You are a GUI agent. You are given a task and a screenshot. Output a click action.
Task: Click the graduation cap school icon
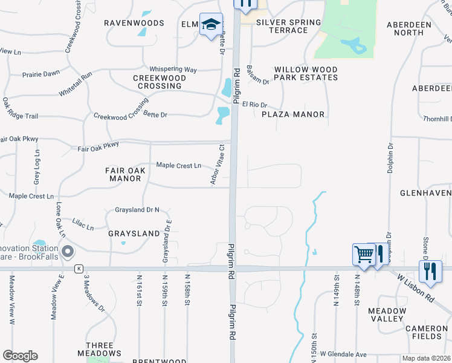(x=211, y=25)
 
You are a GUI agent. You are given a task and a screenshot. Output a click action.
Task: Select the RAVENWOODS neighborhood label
(x=134, y=23)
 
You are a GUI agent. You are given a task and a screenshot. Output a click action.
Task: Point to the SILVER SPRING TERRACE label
(x=288, y=26)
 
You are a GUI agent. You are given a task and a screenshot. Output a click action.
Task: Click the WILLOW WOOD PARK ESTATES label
(x=306, y=74)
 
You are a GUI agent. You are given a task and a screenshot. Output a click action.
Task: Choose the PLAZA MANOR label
(x=293, y=114)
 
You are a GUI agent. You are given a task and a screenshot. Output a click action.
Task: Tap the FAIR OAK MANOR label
(x=125, y=174)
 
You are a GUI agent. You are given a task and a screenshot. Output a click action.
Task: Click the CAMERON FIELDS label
(x=426, y=332)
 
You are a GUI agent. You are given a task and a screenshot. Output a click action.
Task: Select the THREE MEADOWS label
(x=99, y=349)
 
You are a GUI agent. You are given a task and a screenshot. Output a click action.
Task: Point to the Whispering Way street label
(x=173, y=70)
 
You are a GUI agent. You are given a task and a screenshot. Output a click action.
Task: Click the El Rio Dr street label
(x=254, y=105)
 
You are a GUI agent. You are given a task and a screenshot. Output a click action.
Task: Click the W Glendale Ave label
(x=343, y=354)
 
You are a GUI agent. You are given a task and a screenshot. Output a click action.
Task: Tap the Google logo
(x=20, y=356)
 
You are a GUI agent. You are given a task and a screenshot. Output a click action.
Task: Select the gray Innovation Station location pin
(x=67, y=251)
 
